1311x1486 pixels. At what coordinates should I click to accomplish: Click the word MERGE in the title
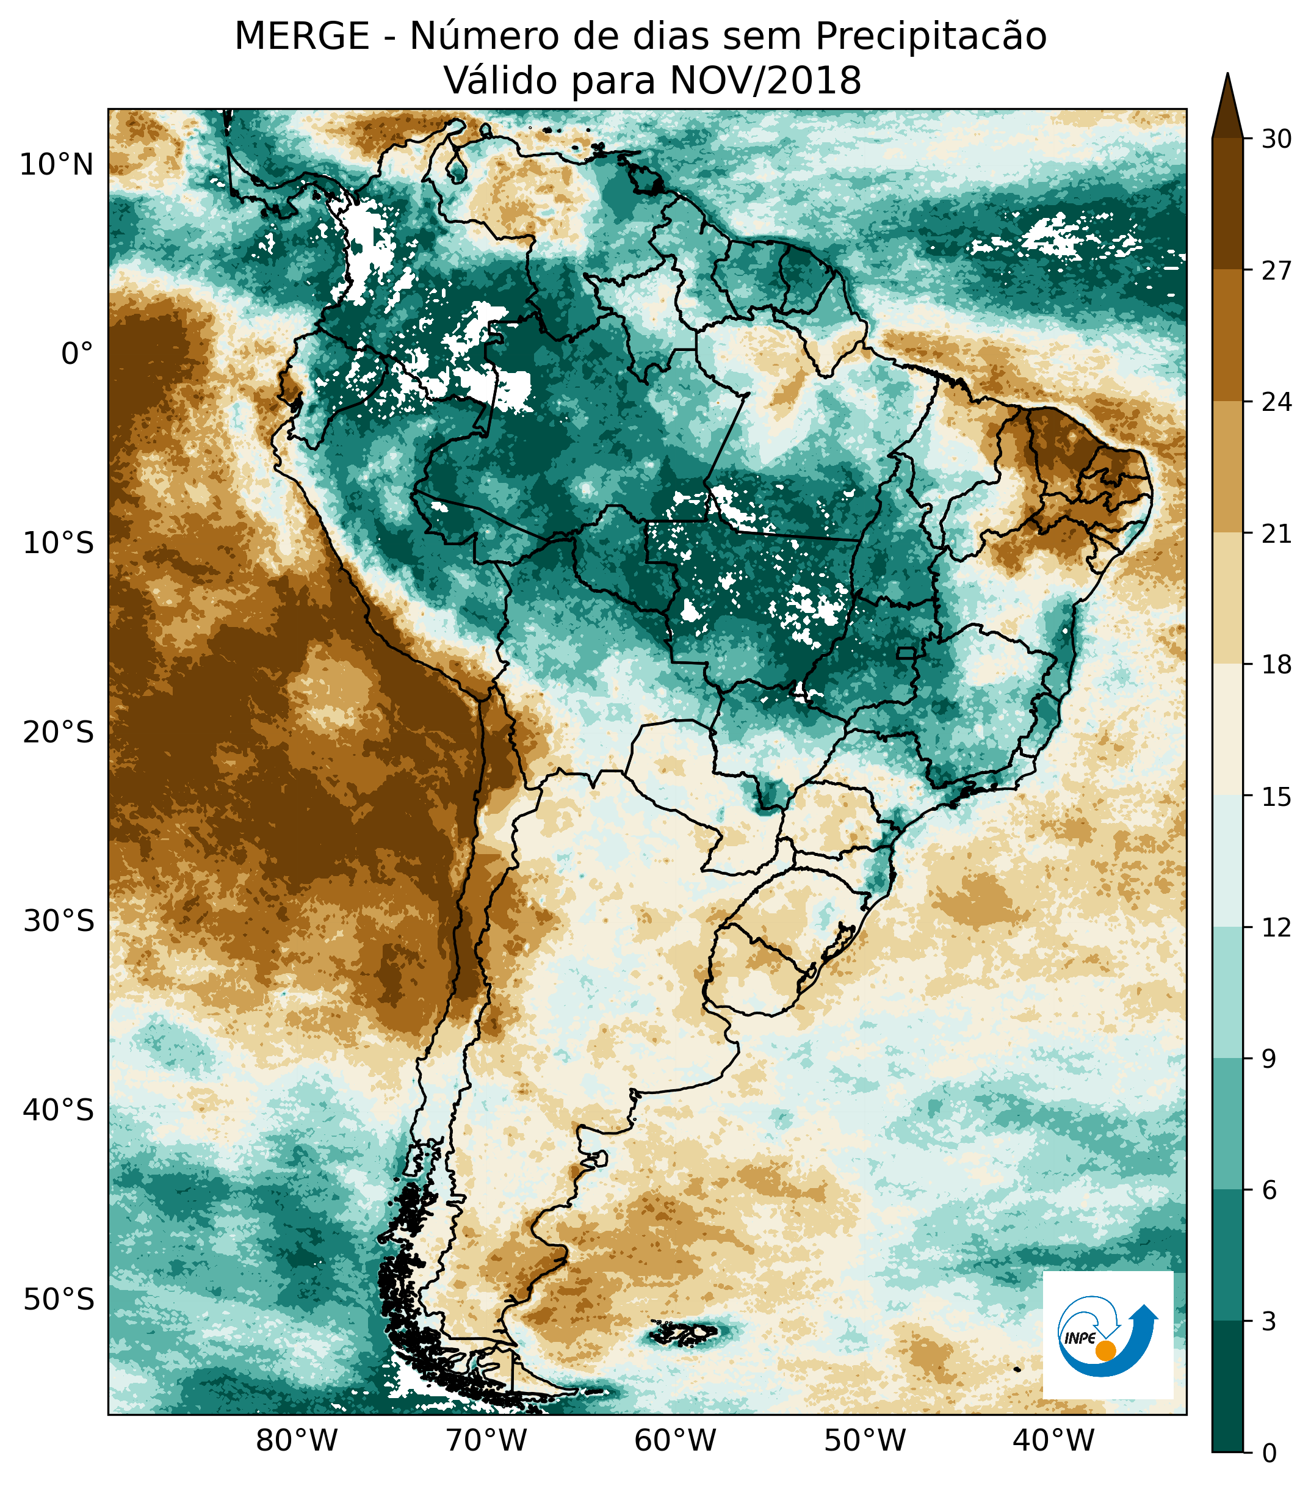(302, 37)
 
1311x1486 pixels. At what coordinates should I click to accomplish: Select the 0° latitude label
(77, 355)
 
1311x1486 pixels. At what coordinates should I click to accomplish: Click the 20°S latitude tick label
(58, 733)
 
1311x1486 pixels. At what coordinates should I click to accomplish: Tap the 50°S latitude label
(58, 1299)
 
